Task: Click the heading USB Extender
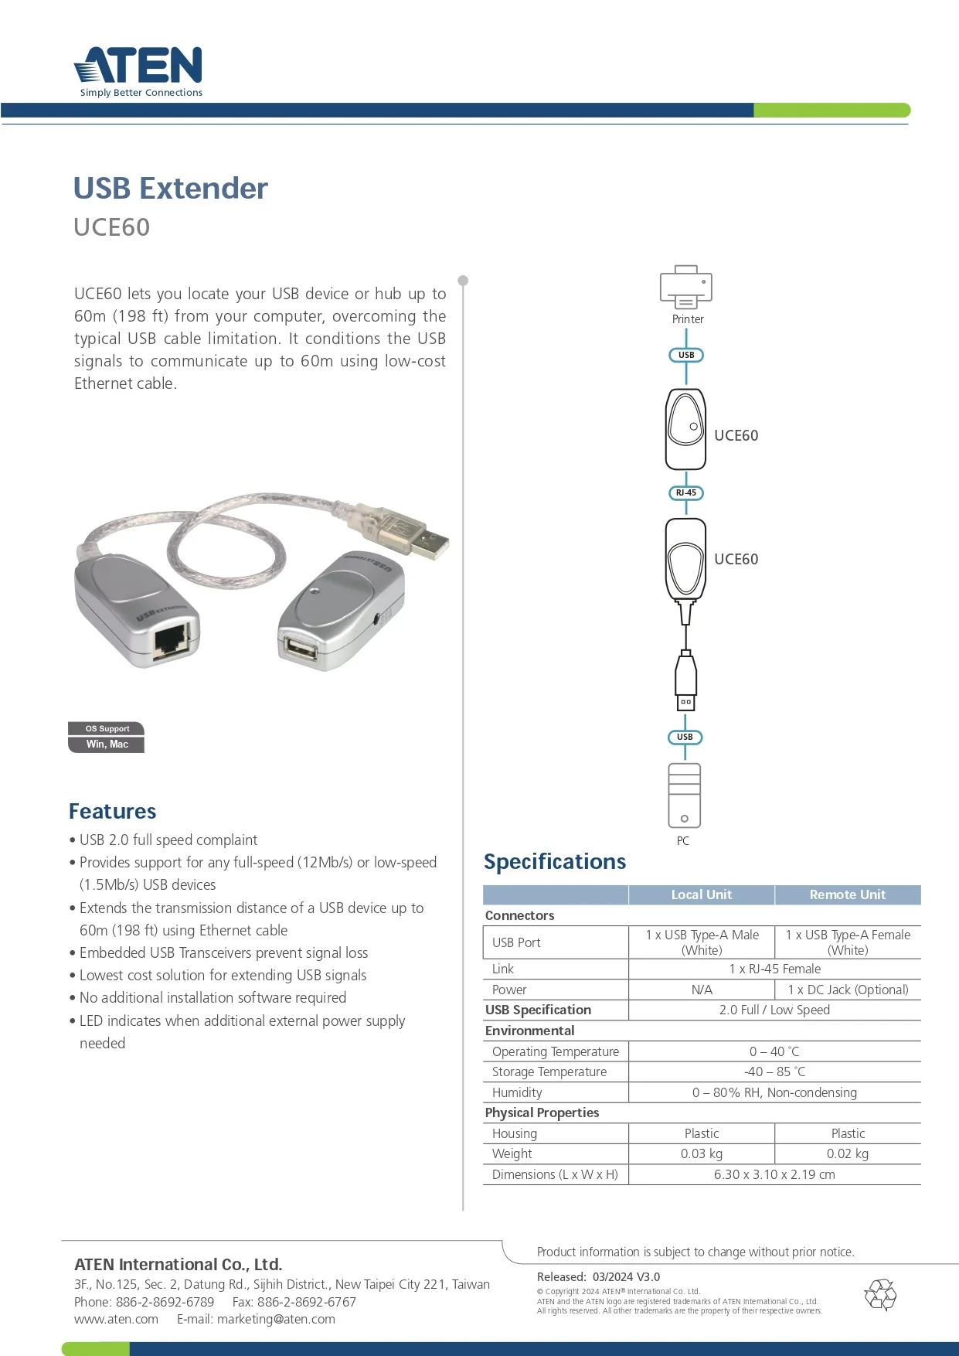click(x=170, y=189)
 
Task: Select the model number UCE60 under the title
click(x=112, y=227)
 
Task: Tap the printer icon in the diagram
click(x=686, y=288)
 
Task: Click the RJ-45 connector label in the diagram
click(x=686, y=492)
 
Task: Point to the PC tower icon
click(x=685, y=796)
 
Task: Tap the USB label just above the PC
click(x=685, y=737)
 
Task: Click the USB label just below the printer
click(x=686, y=355)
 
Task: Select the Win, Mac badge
click(x=107, y=744)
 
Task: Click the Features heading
click(x=113, y=811)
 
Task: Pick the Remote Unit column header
click(x=848, y=894)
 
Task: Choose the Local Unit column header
click(x=701, y=894)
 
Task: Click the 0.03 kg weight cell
click(x=701, y=1153)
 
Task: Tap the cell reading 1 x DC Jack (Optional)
click(x=848, y=990)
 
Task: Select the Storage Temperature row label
click(x=549, y=1072)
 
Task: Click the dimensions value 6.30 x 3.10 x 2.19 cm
click(x=774, y=1174)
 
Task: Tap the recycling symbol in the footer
click(x=880, y=1295)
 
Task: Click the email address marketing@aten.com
click(x=276, y=1319)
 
